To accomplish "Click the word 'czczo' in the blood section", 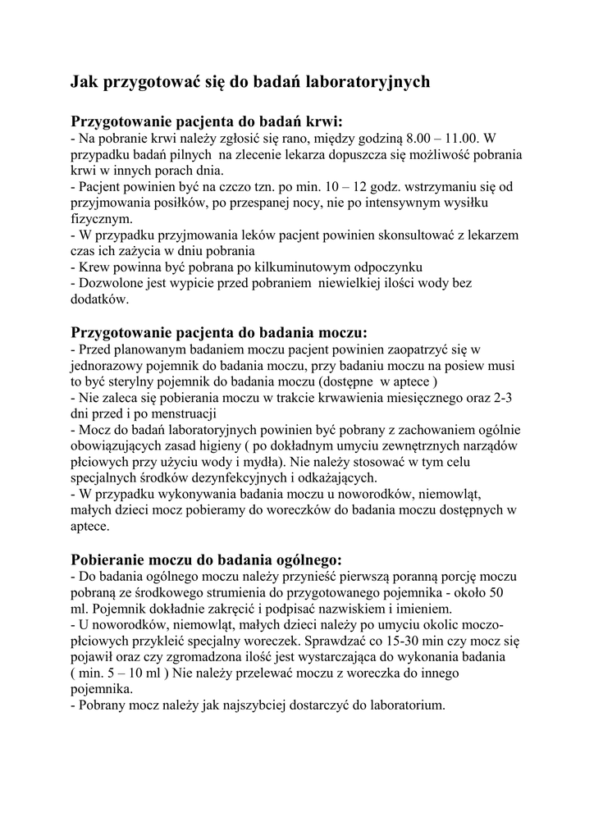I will (222, 187).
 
